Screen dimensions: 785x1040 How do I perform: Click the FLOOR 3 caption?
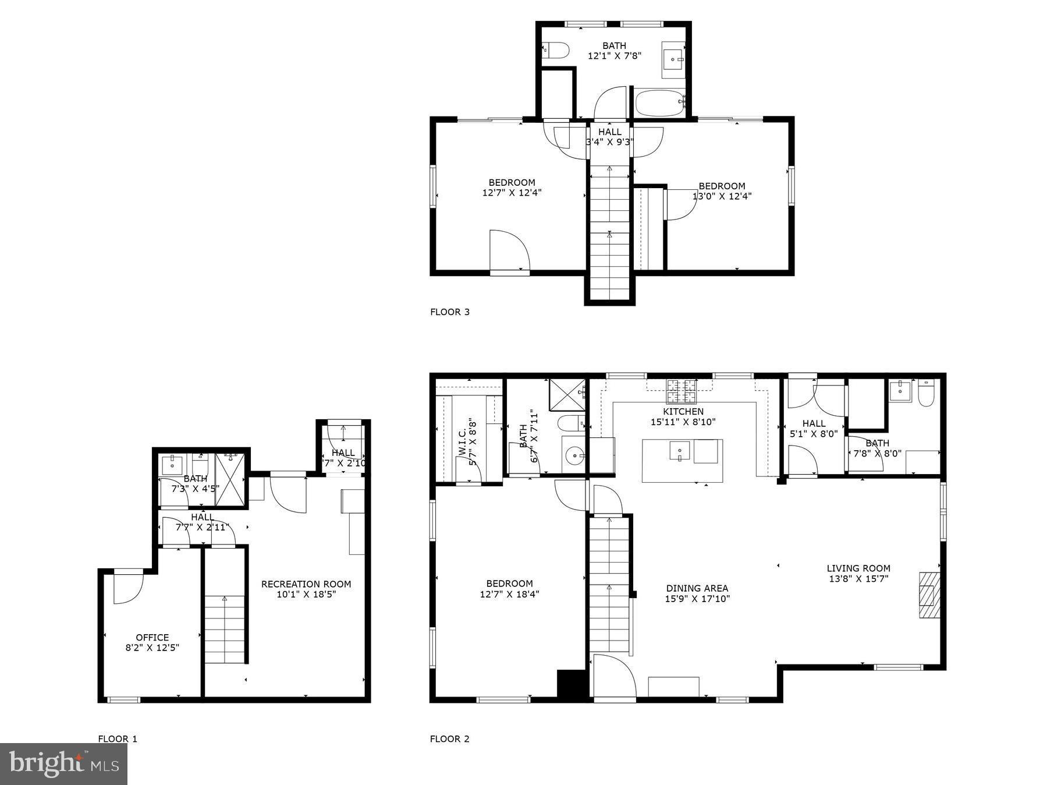pyautogui.click(x=449, y=312)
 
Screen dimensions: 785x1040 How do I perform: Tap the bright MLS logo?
pyautogui.click(x=64, y=763)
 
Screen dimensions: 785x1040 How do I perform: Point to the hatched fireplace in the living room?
pyautogui.click(x=929, y=595)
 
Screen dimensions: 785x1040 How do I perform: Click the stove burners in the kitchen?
pyautogui.click(x=681, y=391)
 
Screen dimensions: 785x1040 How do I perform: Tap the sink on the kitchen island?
pyautogui.click(x=679, y=451)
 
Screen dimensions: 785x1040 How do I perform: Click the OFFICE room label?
pyautogui.click(x=152, y=638)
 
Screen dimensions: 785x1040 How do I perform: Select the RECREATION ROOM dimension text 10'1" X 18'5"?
pyautogui.click(x=306, y=595)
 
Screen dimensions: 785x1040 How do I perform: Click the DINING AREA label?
pyautogui.click(x=697, y=588)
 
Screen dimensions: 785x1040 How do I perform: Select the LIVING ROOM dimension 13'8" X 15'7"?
pyautogui.click(x=858, y=579)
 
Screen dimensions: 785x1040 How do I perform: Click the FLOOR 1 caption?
pyautogui.click(x=118, y=739)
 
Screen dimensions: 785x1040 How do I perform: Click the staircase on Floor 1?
pyautogui.click(x=225, y=629)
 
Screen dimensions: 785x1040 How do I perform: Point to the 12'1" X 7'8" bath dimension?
pyautogui.click(x=614, y=56)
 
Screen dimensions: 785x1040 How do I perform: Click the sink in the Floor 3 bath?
pyautogui.click(x=674, y=59)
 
